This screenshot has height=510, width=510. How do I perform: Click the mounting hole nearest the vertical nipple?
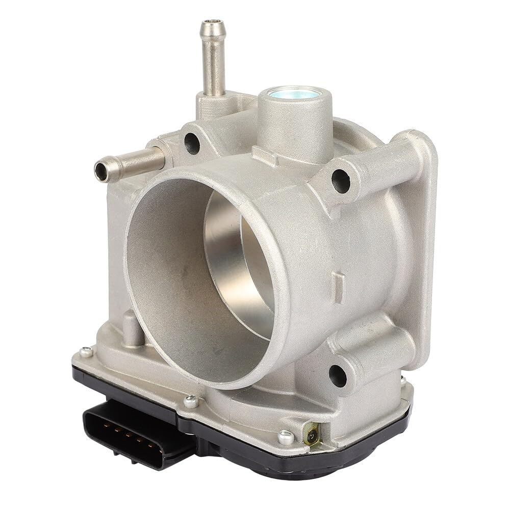pyautogui.click(x=192, y=143)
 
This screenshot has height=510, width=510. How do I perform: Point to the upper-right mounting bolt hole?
pyautogui.click(x=340, y=181)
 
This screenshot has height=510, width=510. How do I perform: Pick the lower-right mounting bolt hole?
pyautogui.click(x=338, y=375)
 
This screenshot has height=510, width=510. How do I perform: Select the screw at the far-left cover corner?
pyautogui.click(x=86, y=352)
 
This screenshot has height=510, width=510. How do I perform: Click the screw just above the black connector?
pyautogui.click(x=191, y=401)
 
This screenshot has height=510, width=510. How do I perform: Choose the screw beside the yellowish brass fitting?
pyautogui.click(x=286, y=437)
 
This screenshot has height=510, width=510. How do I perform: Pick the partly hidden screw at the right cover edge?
pyautogui.click(x=403, y=380)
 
